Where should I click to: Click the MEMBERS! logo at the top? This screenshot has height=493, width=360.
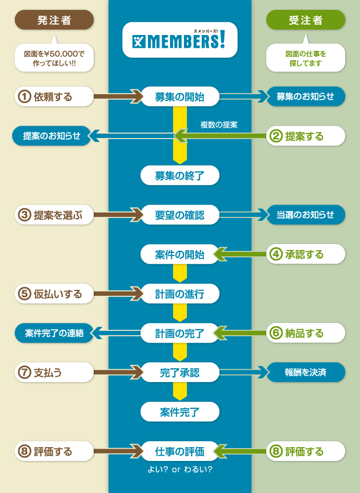point(180,39)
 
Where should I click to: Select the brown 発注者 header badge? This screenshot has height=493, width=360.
point(54,20)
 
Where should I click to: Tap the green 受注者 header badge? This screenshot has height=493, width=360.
point(305,20)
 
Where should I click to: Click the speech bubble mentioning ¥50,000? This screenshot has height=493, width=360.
point(54,58)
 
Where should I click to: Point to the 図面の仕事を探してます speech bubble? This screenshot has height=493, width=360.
point(305,58)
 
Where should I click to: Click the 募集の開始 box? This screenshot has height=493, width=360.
point(180,97)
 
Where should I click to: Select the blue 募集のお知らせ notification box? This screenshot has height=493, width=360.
point(305,97)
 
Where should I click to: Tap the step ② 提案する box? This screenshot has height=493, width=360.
point(305,136)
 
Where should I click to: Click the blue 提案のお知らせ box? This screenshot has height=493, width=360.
point(52,136)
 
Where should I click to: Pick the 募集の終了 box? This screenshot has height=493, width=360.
point(180,176)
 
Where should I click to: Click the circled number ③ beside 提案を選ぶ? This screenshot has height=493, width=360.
point(25,215)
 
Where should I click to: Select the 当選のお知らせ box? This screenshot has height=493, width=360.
point(305,215)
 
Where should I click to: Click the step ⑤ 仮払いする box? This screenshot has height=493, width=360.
point(54,294)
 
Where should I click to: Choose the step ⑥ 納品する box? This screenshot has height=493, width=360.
point(305,333)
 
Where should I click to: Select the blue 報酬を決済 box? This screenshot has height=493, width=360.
point(305,373)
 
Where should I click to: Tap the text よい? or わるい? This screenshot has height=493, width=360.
point(180,469)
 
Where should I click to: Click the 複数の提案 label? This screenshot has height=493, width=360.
point(219,125)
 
